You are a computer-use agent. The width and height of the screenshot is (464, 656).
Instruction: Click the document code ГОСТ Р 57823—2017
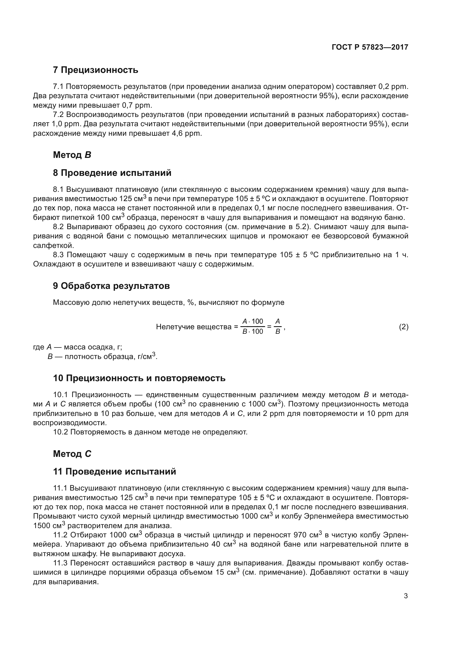pyautogui.click(x=370, y=47)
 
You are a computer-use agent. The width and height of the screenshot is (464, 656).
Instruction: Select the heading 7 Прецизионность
pyautogui.click(x=95, y=70)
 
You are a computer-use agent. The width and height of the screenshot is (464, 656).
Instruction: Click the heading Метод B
pyautogui.click(x=72, y=155)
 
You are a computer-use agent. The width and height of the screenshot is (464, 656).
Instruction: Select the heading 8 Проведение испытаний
pyautogui.click(x=112, y=173)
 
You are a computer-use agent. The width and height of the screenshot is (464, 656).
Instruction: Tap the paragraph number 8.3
pyautogui.click(x=59, y=255)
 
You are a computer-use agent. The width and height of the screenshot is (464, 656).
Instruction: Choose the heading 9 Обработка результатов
pyautogui.click(x=111, y=286)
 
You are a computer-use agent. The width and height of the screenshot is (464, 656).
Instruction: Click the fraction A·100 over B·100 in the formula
pyautogui.click(x=252, y=326)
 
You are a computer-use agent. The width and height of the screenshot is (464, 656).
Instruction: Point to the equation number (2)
pyautogui.click(x=403, y=326)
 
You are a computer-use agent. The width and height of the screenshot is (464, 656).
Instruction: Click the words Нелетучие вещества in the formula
pyautogui.click(x=194, y=326)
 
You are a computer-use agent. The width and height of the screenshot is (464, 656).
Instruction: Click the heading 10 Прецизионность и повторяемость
pyautogui.click(x=139, y=378)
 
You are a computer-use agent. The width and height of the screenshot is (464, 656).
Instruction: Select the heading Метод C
pyautogui.click(x=72, y=454)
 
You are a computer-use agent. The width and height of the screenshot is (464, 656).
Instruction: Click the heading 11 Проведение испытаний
pyautogui.click(x=114, y=472)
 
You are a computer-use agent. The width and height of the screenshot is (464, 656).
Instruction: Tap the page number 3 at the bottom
pyautogui.click(x=406, y=596)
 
